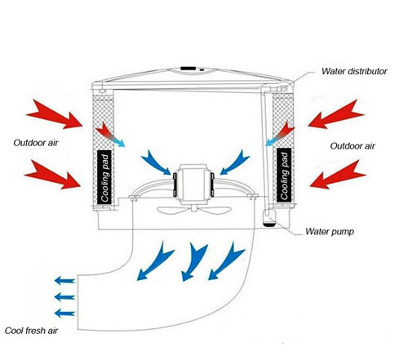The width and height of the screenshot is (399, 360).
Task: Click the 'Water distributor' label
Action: (x=354, y=71)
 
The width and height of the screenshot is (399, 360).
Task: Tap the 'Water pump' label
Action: (x=330, y=232)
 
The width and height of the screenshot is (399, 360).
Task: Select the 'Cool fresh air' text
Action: (x=32, y=331)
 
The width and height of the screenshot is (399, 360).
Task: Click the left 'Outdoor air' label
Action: (x=36, y=143)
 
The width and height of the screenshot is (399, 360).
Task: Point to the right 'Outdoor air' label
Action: (x=352, y=146)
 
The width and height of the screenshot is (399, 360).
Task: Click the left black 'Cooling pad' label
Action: (x=104, y=177)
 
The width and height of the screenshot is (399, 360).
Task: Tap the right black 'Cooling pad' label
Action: (x=284, y=175)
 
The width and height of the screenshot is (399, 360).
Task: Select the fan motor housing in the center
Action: (x=193, y=182)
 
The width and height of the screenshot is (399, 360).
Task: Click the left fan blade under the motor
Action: (x=175, y=210)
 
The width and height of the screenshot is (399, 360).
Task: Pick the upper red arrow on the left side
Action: (x=55, y=114)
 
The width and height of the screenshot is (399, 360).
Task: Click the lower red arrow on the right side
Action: (x=337, y=175)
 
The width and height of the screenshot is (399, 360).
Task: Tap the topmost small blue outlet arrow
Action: (x=64, y=281)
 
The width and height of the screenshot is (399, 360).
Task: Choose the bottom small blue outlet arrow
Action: (x=64, y=313)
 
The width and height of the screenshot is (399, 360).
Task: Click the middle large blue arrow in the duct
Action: (x=194, y=261)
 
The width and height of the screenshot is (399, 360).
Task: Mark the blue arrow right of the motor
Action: (x=234, y=162)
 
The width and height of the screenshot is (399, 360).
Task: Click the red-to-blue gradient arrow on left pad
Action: (x=110, y=135)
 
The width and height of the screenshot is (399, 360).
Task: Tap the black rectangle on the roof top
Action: (x=188, y=69)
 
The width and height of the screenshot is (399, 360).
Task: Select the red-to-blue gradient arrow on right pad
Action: (x=280, y=134)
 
